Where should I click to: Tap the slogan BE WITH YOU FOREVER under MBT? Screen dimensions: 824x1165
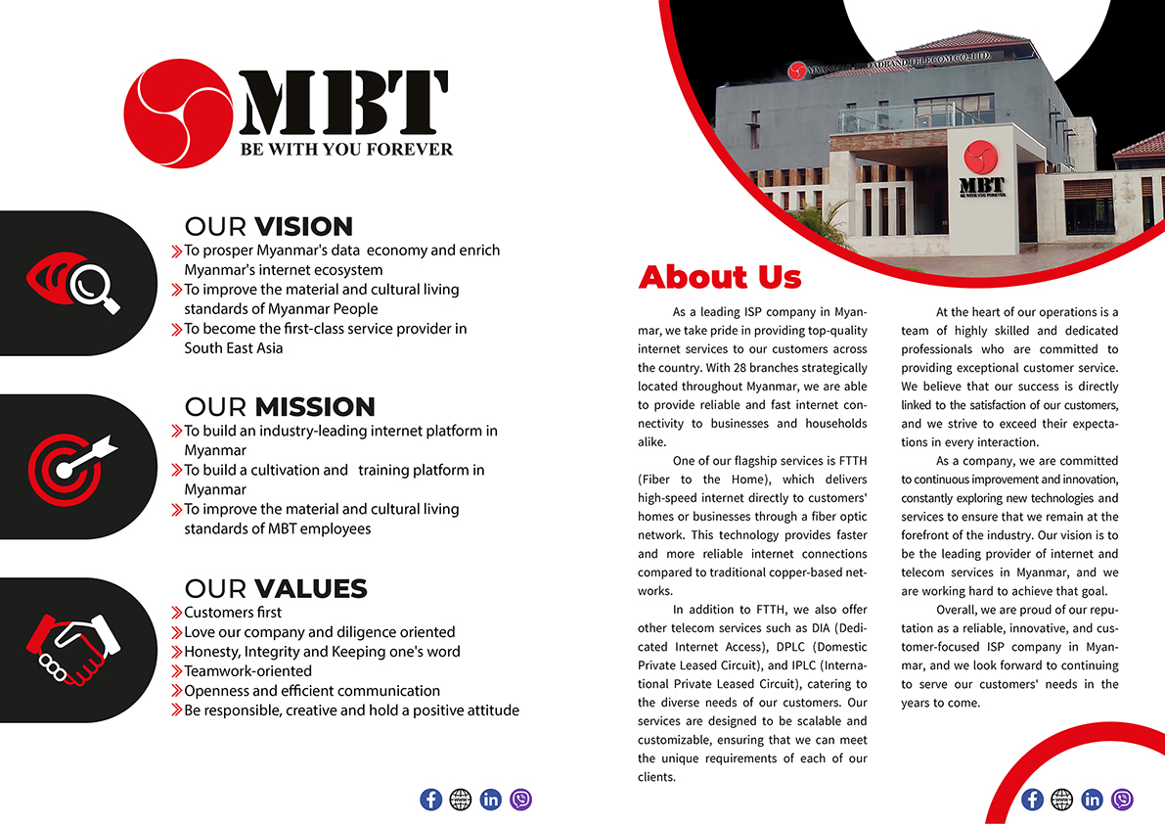coord(346,150)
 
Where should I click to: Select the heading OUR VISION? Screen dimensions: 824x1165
coord(268,226)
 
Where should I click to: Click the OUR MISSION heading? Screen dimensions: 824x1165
coord(280,406)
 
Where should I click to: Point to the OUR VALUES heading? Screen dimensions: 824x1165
coord(275,588)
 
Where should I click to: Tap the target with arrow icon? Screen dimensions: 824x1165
coord(70,461)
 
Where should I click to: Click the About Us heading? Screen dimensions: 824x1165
coord(719,277)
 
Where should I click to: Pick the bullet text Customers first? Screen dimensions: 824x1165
coord(233,613)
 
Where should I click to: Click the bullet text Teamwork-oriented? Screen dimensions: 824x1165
coord(247,671)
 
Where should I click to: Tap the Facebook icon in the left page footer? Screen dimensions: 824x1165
coord(430,800)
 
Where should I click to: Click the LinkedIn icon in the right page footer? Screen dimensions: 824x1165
coord(1093,800)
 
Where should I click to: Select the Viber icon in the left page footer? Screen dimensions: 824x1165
coord(521,800)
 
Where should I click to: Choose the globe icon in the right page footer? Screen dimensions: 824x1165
coord(1062,800)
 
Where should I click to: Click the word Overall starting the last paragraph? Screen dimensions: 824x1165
coord(960,628)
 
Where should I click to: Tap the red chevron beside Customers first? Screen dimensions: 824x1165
coord(177,613)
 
